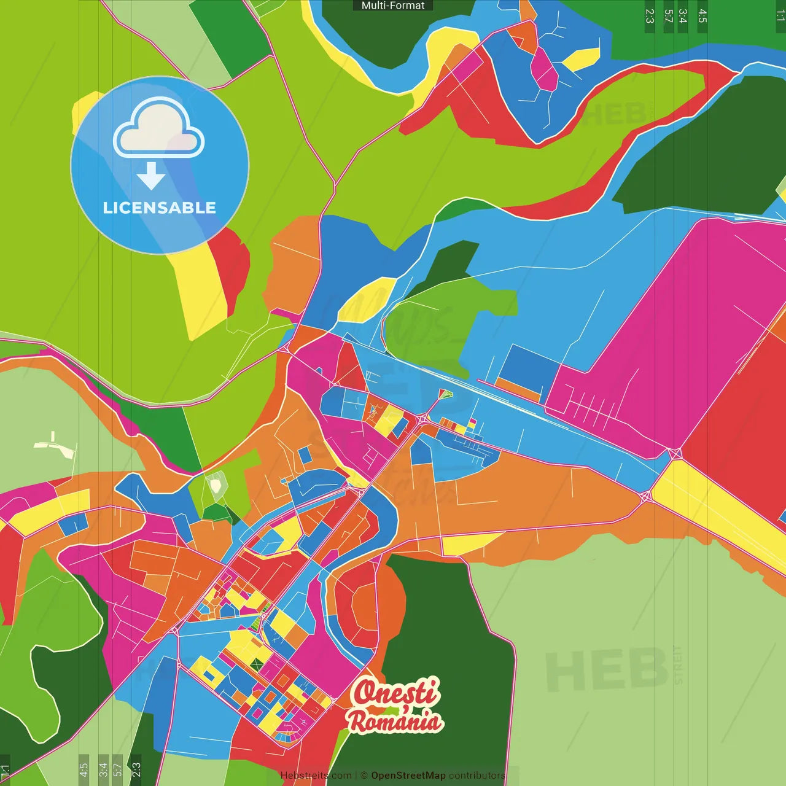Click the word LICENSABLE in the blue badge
pos(159,208)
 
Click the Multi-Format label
pos(393,6)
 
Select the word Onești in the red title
pos(396,692)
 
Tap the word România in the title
pos(395,721)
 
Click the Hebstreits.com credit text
pos(316,776)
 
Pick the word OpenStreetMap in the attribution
pos(408,776)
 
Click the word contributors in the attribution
pos(477,776)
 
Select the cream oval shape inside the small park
pos(216,486)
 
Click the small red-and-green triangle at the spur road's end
pos(445,394)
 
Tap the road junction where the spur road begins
pos(423,419)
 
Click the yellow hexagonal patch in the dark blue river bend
pos(581,59)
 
